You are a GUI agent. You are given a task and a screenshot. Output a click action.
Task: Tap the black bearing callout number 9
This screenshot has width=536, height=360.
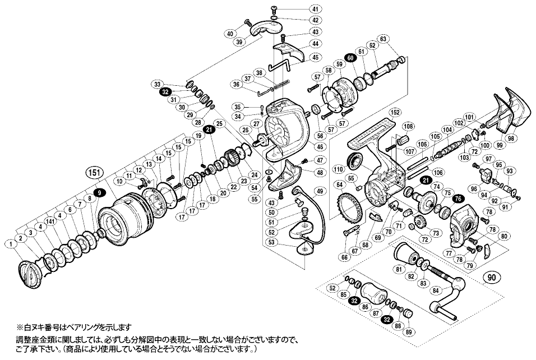coord(99,192)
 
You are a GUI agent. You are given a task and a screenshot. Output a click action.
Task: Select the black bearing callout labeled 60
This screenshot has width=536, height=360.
coord(351,58)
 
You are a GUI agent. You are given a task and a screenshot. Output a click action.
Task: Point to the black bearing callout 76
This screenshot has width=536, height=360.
coord(458,197)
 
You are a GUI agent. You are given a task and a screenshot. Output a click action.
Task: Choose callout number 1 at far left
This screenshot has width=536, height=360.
coord(11,243)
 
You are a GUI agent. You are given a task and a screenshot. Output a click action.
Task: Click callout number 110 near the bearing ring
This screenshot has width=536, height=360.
coord(338,168)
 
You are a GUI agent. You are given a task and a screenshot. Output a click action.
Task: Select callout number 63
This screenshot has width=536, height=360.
coord(383,39)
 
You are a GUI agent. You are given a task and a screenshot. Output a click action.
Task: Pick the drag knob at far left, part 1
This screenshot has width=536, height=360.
coord(30,273)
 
